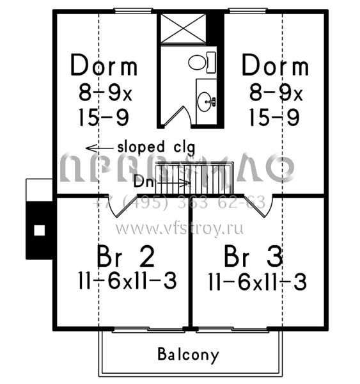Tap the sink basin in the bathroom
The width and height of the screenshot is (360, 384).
[x=207, y=100]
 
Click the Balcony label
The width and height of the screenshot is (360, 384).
[x=188, y=355]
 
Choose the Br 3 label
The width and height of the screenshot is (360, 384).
[x=254, y=257]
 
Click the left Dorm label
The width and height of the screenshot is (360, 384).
[x=104, y=65]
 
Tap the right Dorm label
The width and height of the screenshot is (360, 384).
[x=275, y=65]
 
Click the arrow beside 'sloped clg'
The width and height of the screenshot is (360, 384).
[x=98, y=145]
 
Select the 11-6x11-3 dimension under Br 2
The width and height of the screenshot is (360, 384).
[x=125, y=282]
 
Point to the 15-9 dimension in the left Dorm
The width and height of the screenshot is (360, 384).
[x=104, y=116]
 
